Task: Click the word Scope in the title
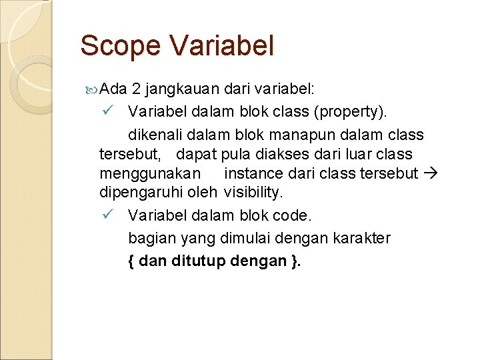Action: pos(121,47)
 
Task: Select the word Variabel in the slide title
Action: pos(221,47)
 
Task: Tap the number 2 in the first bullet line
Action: pos(136,89)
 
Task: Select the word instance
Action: pos(251,174)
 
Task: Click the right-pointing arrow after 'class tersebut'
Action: pos(430,174)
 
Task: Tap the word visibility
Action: pos(253,193)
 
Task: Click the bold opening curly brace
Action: pos(131,261)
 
